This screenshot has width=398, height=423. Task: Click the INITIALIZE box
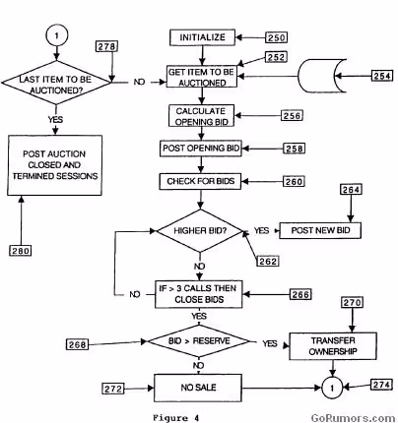(x=202, y=37)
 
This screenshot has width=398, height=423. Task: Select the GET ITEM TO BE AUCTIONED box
(x=202, y=77)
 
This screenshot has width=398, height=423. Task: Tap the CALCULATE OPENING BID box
(x=201, y=116)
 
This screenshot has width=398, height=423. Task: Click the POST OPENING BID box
(x=201, y=149)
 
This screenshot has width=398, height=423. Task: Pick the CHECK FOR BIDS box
(x=200, y=181)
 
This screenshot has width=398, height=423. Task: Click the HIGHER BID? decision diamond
(x=200, y=231)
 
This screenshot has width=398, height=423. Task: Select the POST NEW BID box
(x=320, y=230)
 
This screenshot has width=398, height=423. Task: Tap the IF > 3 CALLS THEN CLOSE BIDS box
(x=199, y=294)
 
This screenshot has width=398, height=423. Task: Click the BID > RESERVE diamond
(x=199, y=341)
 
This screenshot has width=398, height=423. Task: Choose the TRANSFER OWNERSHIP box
(x=333, y=346)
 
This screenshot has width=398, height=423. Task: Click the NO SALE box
(x=198, y=388)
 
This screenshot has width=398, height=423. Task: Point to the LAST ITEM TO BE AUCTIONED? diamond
(x=56, y=83)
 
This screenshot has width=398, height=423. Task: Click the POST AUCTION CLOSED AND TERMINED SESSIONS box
(x=55, y=165)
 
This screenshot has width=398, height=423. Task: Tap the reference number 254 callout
(x=382, y=76)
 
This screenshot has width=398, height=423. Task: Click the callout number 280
(x=21, y=251)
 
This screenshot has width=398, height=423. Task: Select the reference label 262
(x=268, y=262)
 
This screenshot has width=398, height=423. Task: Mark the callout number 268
(x=77, y=344)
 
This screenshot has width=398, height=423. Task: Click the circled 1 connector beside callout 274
(x=332, y=389)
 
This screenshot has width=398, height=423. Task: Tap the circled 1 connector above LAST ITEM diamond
(x=57, y=35)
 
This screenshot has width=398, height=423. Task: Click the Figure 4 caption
(x=176, y=418)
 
